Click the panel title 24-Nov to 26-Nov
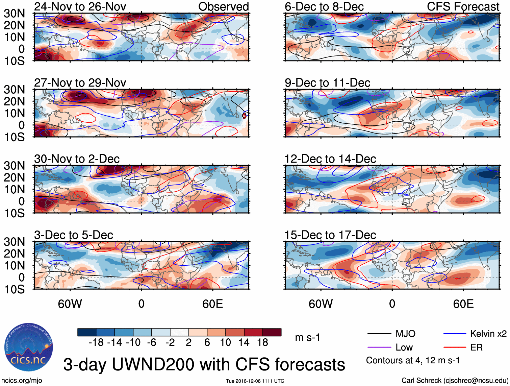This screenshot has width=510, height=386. [80, 6]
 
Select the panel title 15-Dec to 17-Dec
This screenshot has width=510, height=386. [330, 235]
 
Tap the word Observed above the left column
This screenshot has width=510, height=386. [223, 6]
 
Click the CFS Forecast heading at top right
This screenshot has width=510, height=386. [463, 6]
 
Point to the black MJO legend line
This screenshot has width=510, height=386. [379, 334]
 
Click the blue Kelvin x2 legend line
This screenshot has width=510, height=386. [455, 334]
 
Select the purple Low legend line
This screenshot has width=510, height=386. [379, 347]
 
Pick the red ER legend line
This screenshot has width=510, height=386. [455, 347]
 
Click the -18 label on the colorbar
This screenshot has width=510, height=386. [96, 343]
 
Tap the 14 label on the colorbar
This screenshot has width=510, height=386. [244, 343]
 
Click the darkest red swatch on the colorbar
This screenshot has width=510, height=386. [272, 332]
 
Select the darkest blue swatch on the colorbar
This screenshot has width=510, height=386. [87, 332]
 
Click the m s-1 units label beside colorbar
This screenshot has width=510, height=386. [307, 338]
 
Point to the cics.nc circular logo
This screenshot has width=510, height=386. [29, 347]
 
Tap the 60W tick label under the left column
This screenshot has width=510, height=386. [70, 304]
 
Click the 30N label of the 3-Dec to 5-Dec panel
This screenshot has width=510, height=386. [14, 242]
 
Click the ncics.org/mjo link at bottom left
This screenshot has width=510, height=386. [22, 381]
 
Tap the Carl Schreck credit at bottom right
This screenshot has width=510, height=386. [455, 381]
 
